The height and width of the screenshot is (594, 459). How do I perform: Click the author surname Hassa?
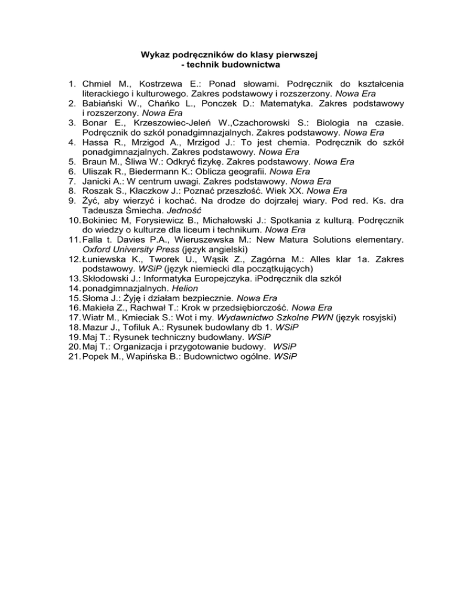coord(96,143)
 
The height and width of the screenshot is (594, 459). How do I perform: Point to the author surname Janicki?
coord(98,182)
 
